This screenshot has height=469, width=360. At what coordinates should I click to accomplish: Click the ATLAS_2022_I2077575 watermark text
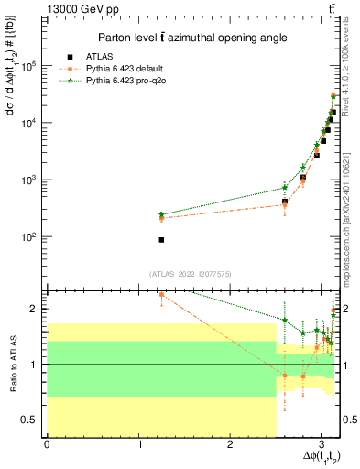191,273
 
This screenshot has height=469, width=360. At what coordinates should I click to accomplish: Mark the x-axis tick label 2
230,446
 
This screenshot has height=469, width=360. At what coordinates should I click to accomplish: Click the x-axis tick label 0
47,446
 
